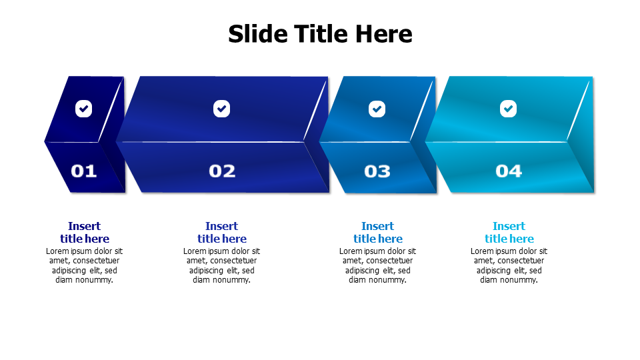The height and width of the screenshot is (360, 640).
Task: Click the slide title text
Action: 320,33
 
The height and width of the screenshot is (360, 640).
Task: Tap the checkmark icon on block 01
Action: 83,108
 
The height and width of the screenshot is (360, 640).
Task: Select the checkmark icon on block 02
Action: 222,108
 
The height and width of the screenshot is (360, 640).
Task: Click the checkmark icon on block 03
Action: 377,108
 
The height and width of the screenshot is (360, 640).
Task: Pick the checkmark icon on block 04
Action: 509,108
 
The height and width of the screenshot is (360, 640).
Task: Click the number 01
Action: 84,171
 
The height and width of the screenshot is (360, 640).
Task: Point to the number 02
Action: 222,171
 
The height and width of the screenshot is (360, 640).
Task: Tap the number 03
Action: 377,171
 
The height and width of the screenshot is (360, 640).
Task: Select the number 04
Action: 509,171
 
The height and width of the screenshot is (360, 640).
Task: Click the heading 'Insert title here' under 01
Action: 84,233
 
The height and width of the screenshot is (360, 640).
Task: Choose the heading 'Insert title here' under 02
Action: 222,233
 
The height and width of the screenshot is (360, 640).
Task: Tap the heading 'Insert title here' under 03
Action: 377,233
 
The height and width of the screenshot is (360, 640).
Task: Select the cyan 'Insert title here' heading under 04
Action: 509,233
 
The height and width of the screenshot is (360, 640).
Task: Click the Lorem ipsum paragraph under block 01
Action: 84,265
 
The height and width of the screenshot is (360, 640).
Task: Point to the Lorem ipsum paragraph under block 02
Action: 222,265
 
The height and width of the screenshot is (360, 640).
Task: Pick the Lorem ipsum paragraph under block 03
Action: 377,265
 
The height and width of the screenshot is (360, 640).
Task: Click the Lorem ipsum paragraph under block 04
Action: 509,265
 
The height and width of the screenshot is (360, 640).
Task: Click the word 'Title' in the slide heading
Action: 319,33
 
